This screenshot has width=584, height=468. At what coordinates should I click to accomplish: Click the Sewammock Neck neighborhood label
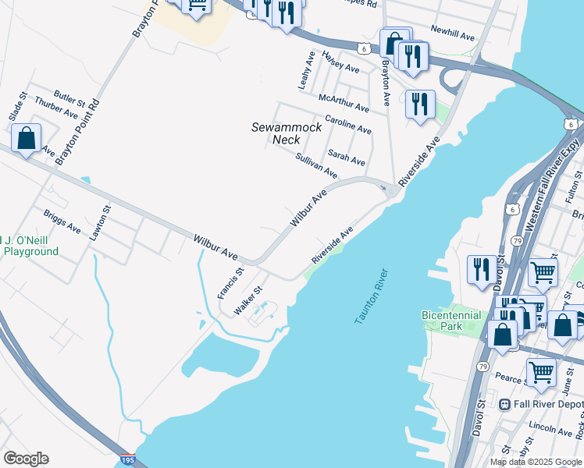tap(276, 133)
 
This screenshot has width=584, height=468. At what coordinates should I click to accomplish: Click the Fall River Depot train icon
tap(505, 404)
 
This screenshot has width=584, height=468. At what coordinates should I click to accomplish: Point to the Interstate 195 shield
tap(128, 460)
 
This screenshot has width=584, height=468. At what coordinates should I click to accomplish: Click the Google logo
tap(26, 459)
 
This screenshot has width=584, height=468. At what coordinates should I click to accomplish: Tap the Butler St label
tap(70, 99)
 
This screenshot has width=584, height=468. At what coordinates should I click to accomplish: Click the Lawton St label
tap(100, 222)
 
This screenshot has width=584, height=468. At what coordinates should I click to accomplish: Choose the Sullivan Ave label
tap(316, 165)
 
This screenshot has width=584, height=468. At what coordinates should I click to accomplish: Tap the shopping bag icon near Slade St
tap(27, 139)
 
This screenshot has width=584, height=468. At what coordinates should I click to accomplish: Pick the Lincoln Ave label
tap(551, 430)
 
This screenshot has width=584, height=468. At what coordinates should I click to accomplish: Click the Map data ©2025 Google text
tap(536, 462)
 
